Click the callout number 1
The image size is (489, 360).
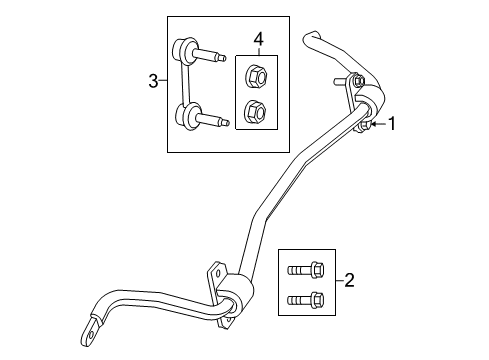pyautogui.click(x=393, y=124)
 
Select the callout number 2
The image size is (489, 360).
pyautogui.click(x=349, y=282)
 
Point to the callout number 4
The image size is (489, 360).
pyautogui.click(x=258, y=39)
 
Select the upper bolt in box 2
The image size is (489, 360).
pyautogui.click(x=304, y=268)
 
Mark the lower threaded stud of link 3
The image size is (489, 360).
pyautogui.click(x=214, y=121)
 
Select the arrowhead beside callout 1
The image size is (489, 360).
pyautogui.click(x=374, y=124)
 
